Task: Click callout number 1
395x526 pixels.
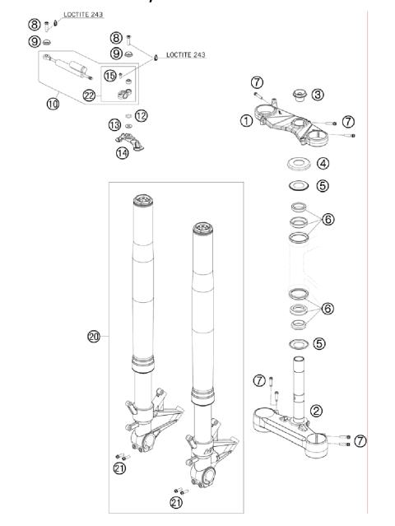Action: (x=245, y=121)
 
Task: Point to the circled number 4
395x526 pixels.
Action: (x=323, y=163)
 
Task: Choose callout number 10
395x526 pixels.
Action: (x=52, y=105)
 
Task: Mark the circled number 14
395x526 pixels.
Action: (x=123, y=151)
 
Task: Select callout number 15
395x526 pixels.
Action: (x=110, y=76)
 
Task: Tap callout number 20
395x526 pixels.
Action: (x=93, y=335)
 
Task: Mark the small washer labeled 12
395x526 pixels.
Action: (x=128, y=114)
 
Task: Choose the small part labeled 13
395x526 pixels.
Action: (x=128, y=124)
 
